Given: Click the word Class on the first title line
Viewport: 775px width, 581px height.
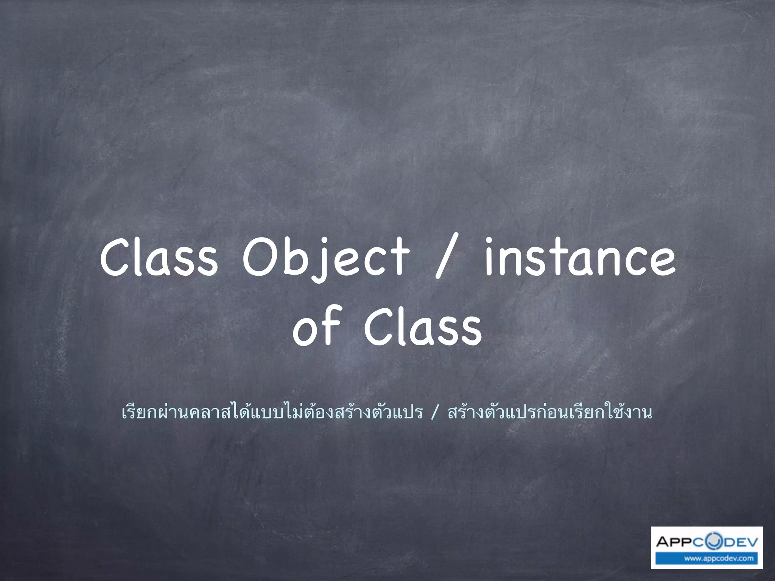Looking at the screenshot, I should tap(159, 257).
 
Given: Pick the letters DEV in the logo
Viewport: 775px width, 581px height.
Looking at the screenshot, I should tap(738, 542).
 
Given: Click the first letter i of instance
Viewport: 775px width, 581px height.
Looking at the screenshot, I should tap(489, 257).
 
